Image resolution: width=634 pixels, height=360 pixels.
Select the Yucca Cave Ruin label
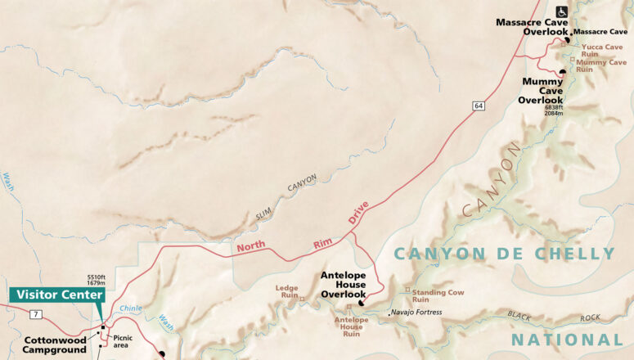point(596,51)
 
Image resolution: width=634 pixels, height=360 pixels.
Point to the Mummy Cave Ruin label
point(601,65)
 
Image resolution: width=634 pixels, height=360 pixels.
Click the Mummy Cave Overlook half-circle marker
point(563,73)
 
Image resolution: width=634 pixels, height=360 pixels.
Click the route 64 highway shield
point(477,105)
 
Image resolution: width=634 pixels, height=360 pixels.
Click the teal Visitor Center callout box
point(57,295)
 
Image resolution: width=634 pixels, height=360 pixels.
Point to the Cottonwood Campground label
point(55,344)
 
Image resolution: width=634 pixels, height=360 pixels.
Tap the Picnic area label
point(123,341)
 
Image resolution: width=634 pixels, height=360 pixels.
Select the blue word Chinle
point(131,308)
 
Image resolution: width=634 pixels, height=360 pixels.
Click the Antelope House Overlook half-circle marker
point(361,303)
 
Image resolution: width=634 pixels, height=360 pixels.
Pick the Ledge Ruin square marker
point(302,299)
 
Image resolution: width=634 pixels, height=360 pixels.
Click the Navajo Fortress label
point(416,312)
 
